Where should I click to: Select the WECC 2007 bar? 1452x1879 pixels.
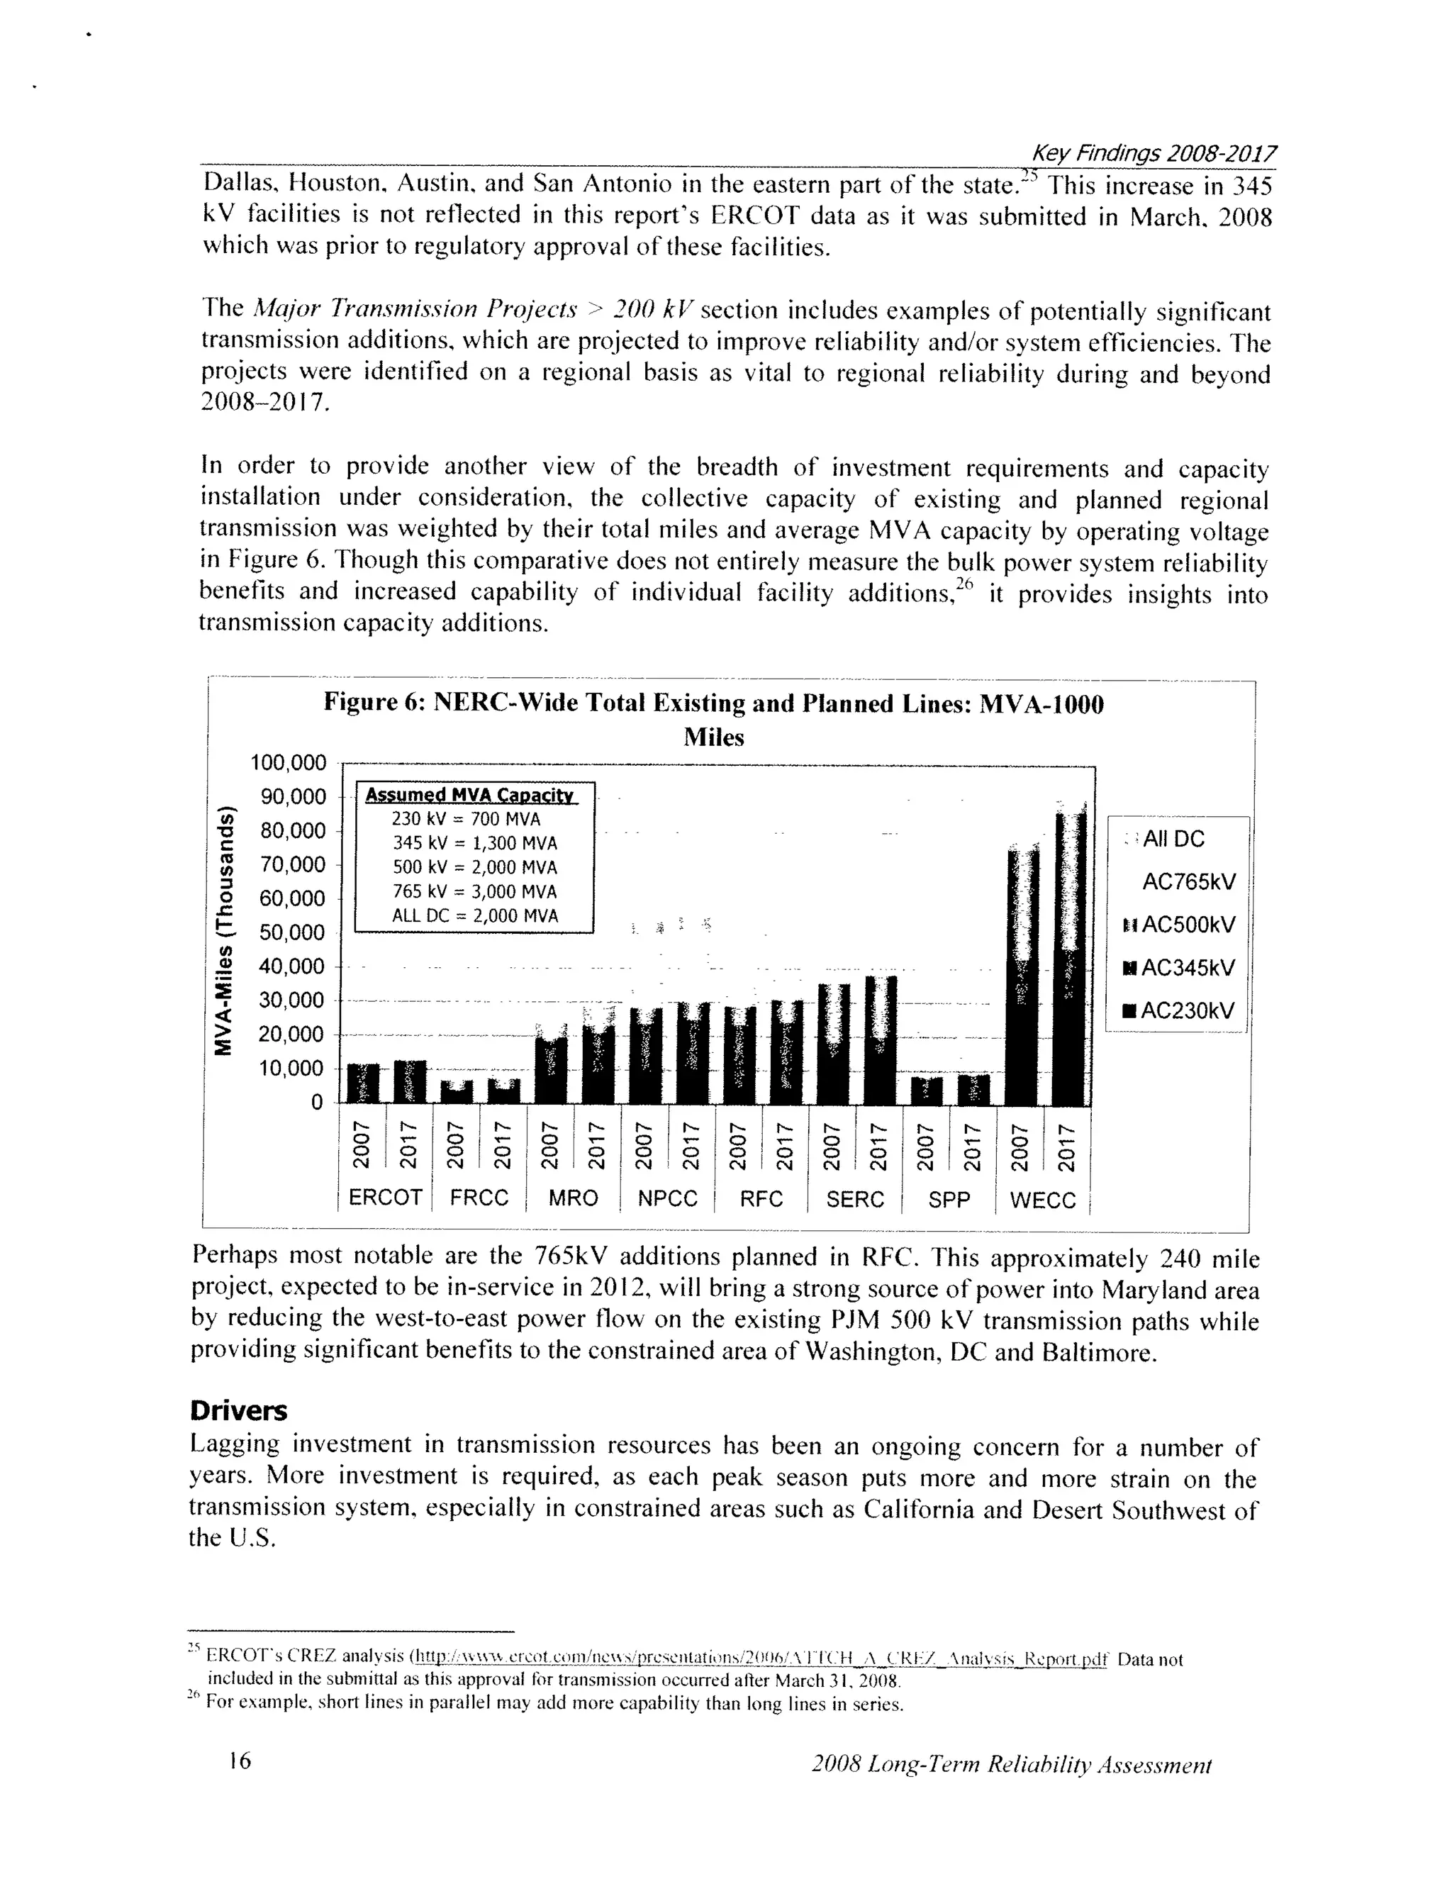[1023, 976]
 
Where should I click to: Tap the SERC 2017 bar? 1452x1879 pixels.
[880, 1041]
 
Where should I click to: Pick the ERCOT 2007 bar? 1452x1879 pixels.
[363, 1084]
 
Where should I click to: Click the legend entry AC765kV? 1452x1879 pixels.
[1188, 882]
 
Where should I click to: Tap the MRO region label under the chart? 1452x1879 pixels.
[573, 1198]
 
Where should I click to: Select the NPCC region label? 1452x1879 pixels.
[666, 1198]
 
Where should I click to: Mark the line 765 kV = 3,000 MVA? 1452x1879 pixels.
[475, 891]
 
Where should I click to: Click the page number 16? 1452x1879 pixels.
[240, 1761]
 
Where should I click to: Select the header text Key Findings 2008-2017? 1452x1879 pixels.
[1153, 153]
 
